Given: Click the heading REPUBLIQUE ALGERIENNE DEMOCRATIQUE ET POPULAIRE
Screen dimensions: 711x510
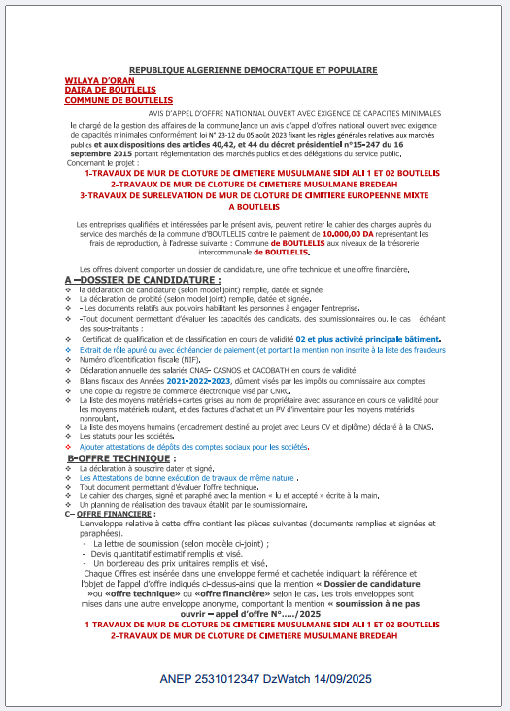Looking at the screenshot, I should coord(254,71).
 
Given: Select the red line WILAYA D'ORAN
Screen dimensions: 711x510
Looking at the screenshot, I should coord(91,81).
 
